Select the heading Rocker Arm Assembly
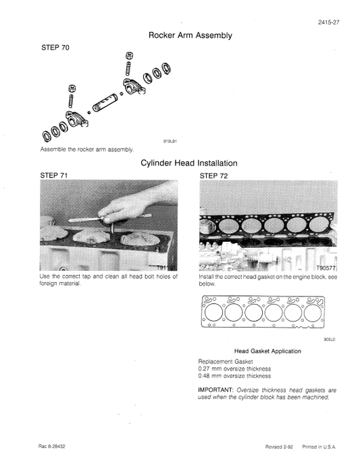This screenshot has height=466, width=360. [x=190, y=35]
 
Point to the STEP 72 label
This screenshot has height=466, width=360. [x=214, y=175]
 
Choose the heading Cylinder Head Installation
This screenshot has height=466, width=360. [x=188, y=163]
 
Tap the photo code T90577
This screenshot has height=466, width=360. [x=323, y=267]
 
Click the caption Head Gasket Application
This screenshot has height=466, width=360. [x=267, y=351]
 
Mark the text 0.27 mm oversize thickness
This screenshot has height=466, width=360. [x=234, y=369]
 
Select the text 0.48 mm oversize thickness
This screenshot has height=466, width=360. [x=234, y=376]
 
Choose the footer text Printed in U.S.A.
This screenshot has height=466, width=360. [x=319, y=447]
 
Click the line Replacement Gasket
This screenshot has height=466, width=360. [x=224, y=361]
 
